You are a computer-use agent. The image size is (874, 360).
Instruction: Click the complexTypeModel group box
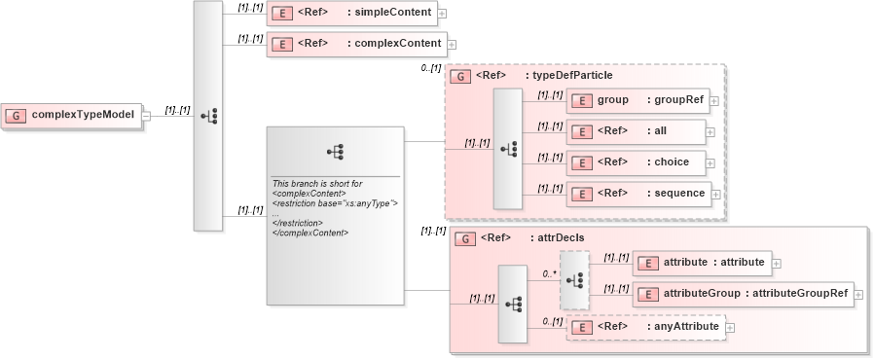click(72, 115)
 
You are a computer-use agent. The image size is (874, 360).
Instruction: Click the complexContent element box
click(356, 44)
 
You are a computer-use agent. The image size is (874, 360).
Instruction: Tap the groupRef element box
click(637, 100)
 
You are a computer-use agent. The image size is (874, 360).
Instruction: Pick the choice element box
click(637, 162)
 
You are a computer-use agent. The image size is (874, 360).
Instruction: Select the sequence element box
click(638, 193)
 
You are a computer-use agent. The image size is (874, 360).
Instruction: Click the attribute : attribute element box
click(702, 262)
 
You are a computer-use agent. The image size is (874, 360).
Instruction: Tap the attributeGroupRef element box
click(743, 293)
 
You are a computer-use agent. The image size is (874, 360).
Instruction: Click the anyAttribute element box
click(645, 327)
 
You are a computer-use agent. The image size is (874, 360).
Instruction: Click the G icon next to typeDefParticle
click(461, 76)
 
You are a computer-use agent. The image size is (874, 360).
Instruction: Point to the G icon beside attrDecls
click(465, 237)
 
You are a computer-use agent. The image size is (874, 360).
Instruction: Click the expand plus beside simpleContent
click(442, 15)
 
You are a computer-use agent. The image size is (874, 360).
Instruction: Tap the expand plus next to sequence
click(716, 194)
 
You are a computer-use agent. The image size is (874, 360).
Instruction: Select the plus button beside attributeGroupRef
click(858, 294)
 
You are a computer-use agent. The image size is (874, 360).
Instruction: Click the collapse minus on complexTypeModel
click(145, 115)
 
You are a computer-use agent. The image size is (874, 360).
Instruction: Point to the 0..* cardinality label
click(548, 274)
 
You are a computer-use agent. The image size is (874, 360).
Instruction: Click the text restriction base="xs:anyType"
click(335, 202)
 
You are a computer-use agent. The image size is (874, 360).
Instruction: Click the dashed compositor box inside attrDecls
click(574, 279)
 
